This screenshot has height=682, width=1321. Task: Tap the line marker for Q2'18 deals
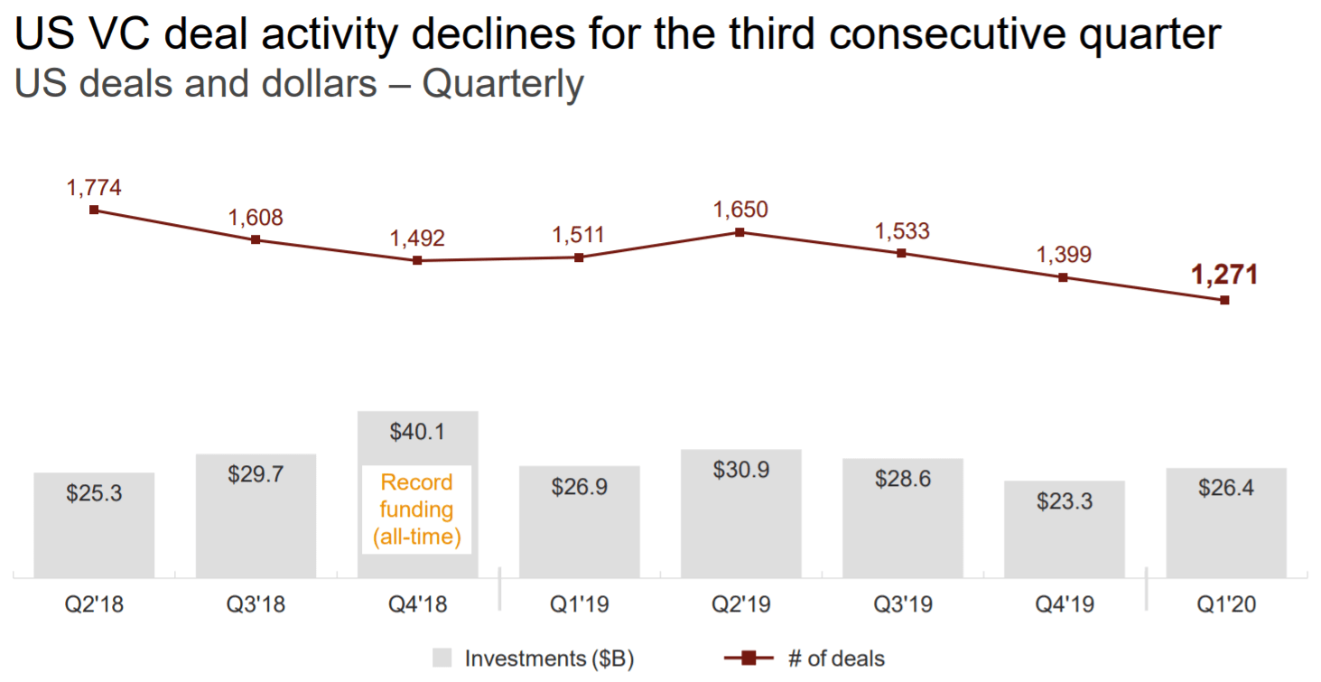click(94, 210)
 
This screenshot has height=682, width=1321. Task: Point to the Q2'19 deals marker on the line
click(740, 232)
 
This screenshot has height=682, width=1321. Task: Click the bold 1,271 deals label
click(1224, 275)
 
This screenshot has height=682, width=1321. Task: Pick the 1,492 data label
click(417, 238)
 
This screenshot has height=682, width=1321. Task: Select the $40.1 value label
click(417, 432)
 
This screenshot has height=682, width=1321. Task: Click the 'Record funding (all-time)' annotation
click(417, 509)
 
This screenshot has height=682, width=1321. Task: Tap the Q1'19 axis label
click(579, 604)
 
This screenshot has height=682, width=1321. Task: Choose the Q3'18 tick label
click(256, 604)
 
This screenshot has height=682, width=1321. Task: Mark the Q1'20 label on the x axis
click(1225, 604)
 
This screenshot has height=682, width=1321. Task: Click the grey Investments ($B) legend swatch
click(442, 658)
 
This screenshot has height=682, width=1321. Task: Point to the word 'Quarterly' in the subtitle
click(503, 84)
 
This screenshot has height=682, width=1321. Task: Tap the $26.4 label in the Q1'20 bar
click(1225, 488)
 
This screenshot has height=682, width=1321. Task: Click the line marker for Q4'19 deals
click(1063, 277)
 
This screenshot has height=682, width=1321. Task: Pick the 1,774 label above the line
click(94, 188)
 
